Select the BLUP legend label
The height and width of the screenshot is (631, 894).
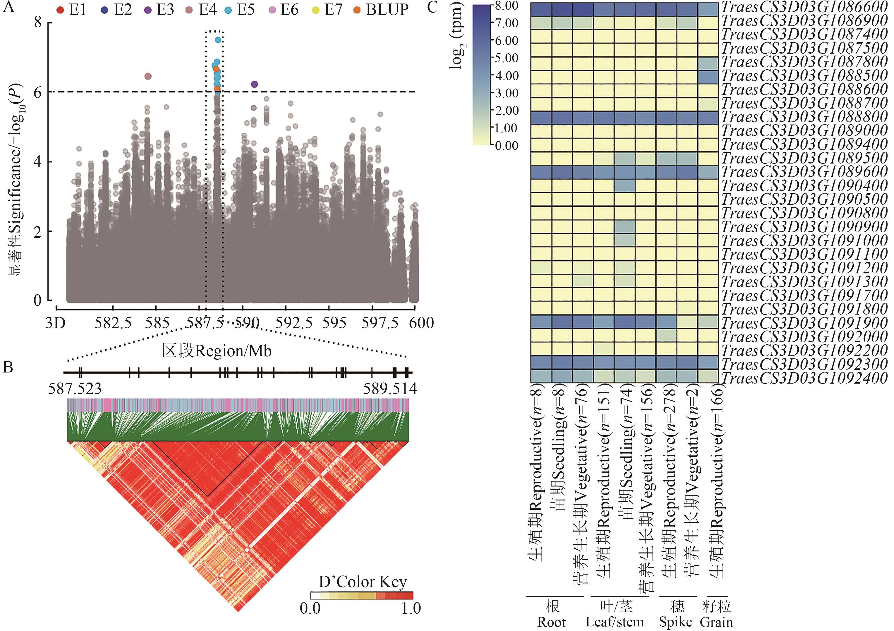click(x=387, y=10)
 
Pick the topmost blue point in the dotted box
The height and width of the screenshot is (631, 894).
click(x=218, y=40)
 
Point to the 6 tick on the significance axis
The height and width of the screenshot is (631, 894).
click(x=37, y=93)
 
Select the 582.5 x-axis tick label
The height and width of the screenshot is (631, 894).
click(x=113, y=323)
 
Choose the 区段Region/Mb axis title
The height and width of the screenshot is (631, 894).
click(x=216, y=351)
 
